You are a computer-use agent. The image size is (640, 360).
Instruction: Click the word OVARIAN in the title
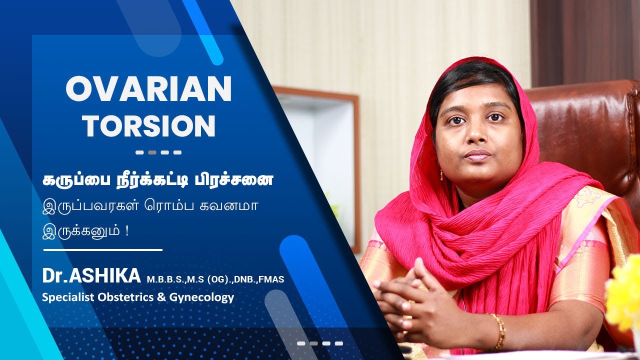click(x=148, y=89)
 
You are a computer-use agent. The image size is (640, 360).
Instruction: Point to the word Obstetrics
click(x=127, y=297)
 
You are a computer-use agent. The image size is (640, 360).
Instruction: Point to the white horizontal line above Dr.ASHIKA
click(x=103, y=249)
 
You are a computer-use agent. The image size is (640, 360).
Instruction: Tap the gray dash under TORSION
click(x=152, y=152)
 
